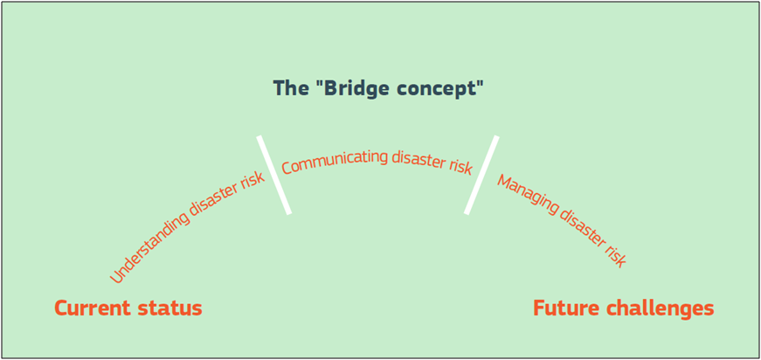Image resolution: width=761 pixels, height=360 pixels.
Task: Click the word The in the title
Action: click(x=290, y=88)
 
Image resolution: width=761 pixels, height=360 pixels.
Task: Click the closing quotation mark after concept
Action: click(x=479, y=83)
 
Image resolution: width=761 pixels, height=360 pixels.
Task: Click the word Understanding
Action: click(x=149, y=246)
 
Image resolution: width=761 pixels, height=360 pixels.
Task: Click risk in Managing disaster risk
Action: click(x=615, y=256)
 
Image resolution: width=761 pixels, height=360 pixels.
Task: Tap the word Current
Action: click(x=93, y=308)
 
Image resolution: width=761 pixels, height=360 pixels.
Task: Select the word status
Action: click(x=169, y=308)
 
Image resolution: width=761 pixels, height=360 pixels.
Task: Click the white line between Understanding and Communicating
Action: click(x=274, y=175)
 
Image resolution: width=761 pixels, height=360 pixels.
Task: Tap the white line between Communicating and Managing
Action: click(x=481, y=175)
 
